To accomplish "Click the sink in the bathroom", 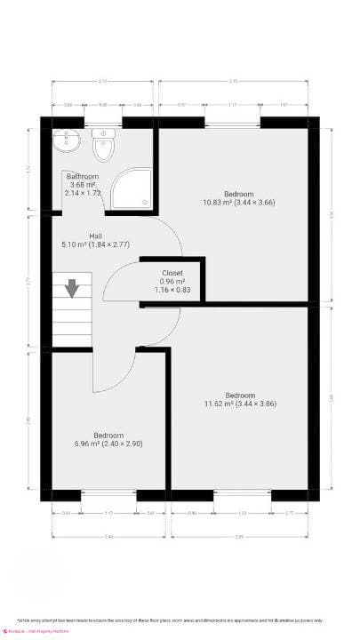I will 67,141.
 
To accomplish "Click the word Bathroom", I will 82,177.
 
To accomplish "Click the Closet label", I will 172,273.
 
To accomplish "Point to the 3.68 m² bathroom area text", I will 83,185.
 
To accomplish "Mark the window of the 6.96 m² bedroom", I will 108,495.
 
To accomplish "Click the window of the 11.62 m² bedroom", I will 243,495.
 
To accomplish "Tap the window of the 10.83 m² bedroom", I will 233,123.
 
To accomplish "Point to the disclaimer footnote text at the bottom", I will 181,620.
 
